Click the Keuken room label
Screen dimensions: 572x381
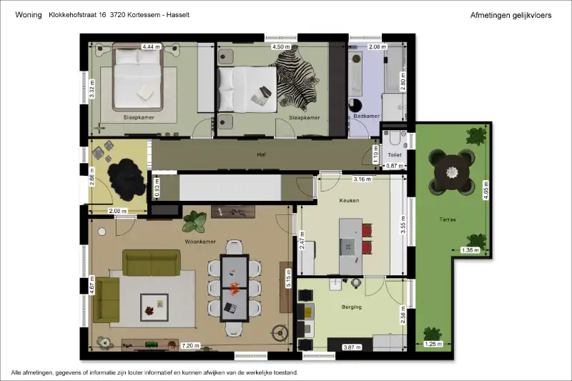tap(349, 201)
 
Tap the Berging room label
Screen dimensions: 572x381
tap(352, 307)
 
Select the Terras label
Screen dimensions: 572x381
tap(448, 219)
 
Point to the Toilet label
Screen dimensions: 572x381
tap(395, 155)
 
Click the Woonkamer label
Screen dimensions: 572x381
tap(200, 242)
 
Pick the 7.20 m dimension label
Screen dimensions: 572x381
tap(190, 346)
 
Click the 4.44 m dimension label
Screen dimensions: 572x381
tap(152, 46)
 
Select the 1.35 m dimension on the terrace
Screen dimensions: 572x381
tap(470, 250)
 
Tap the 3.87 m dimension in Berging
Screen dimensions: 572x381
tap(352, 347)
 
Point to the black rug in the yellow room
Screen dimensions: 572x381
tap(123, 179)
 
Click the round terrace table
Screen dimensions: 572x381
tap(452, 172)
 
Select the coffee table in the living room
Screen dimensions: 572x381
tap(154, 307)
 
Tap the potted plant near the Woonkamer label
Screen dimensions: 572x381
tap(194, 222)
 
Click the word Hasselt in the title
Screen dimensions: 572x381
tap(178, 15)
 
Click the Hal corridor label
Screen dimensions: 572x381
tap(261, 154)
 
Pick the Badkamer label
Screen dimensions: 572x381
tap(367, 116)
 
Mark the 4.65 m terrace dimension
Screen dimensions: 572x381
tap(485, 190)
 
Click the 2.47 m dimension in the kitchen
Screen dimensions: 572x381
tap(302, 240)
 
